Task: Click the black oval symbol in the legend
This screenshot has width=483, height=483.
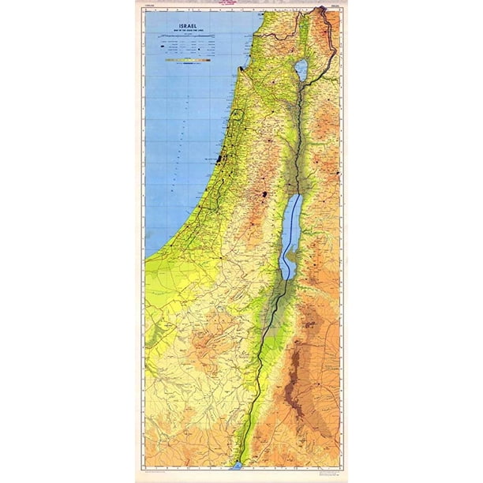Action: pyautogui.click(x=170, y=58)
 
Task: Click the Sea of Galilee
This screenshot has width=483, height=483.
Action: pyautogui.click(x=301, y=70)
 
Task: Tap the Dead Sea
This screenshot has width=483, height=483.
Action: pyautogui.click(x=293, y=229)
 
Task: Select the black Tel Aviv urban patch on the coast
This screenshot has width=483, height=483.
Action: pyautogui.click(x=219, y=162)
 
